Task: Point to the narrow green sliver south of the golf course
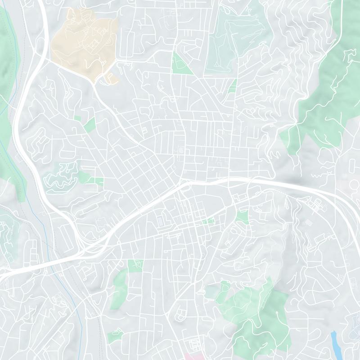click(x=233, y=85)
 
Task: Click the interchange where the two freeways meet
click(x=83, y=245)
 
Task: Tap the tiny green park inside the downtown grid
click(x=208, y=221)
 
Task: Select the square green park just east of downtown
click(x=242, y=217)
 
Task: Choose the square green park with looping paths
click(x=135, y=266)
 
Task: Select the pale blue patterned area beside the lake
click(x=353, y=335)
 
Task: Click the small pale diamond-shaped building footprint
click(x=308, y=222)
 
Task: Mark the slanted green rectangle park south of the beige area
click(x=90, y=125)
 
